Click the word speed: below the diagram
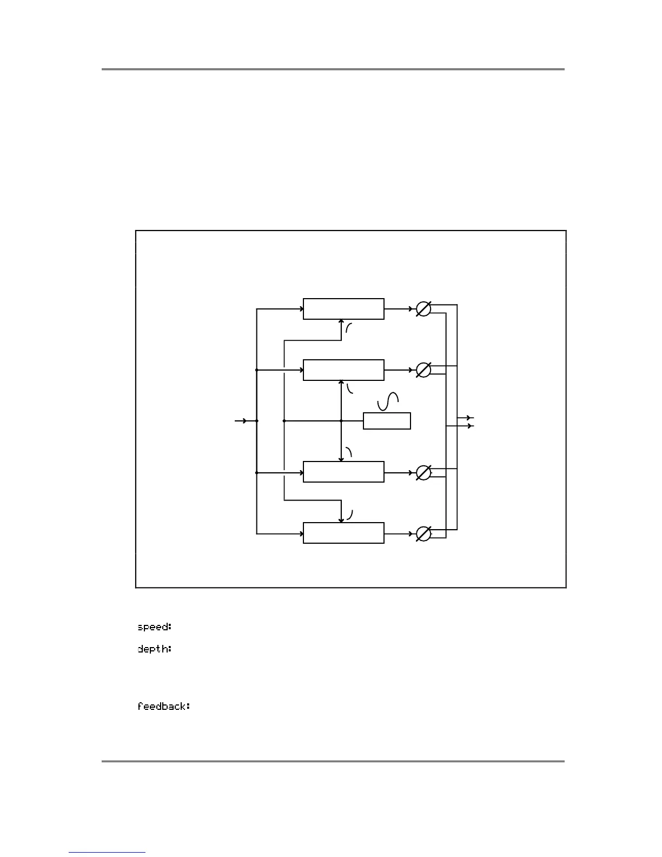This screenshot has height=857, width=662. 154,627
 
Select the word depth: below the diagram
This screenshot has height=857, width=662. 154,648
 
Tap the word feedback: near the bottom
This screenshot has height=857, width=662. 163,706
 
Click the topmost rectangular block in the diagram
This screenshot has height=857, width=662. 343,309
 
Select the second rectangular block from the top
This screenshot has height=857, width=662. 343,370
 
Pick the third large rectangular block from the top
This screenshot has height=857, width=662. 343,472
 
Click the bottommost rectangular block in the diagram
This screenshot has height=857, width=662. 343,533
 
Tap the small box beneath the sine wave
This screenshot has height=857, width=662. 387,421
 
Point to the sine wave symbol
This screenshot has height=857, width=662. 388,401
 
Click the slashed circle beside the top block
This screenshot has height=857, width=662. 423,309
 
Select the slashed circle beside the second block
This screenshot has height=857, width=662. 423,370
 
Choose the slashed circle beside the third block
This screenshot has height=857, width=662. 423,472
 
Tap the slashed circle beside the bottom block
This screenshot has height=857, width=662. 423,534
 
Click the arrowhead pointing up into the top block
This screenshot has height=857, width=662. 341,322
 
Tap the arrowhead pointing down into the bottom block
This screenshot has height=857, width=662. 341,520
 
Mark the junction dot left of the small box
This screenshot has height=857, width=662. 341,420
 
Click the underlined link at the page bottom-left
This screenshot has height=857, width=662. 107,853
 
